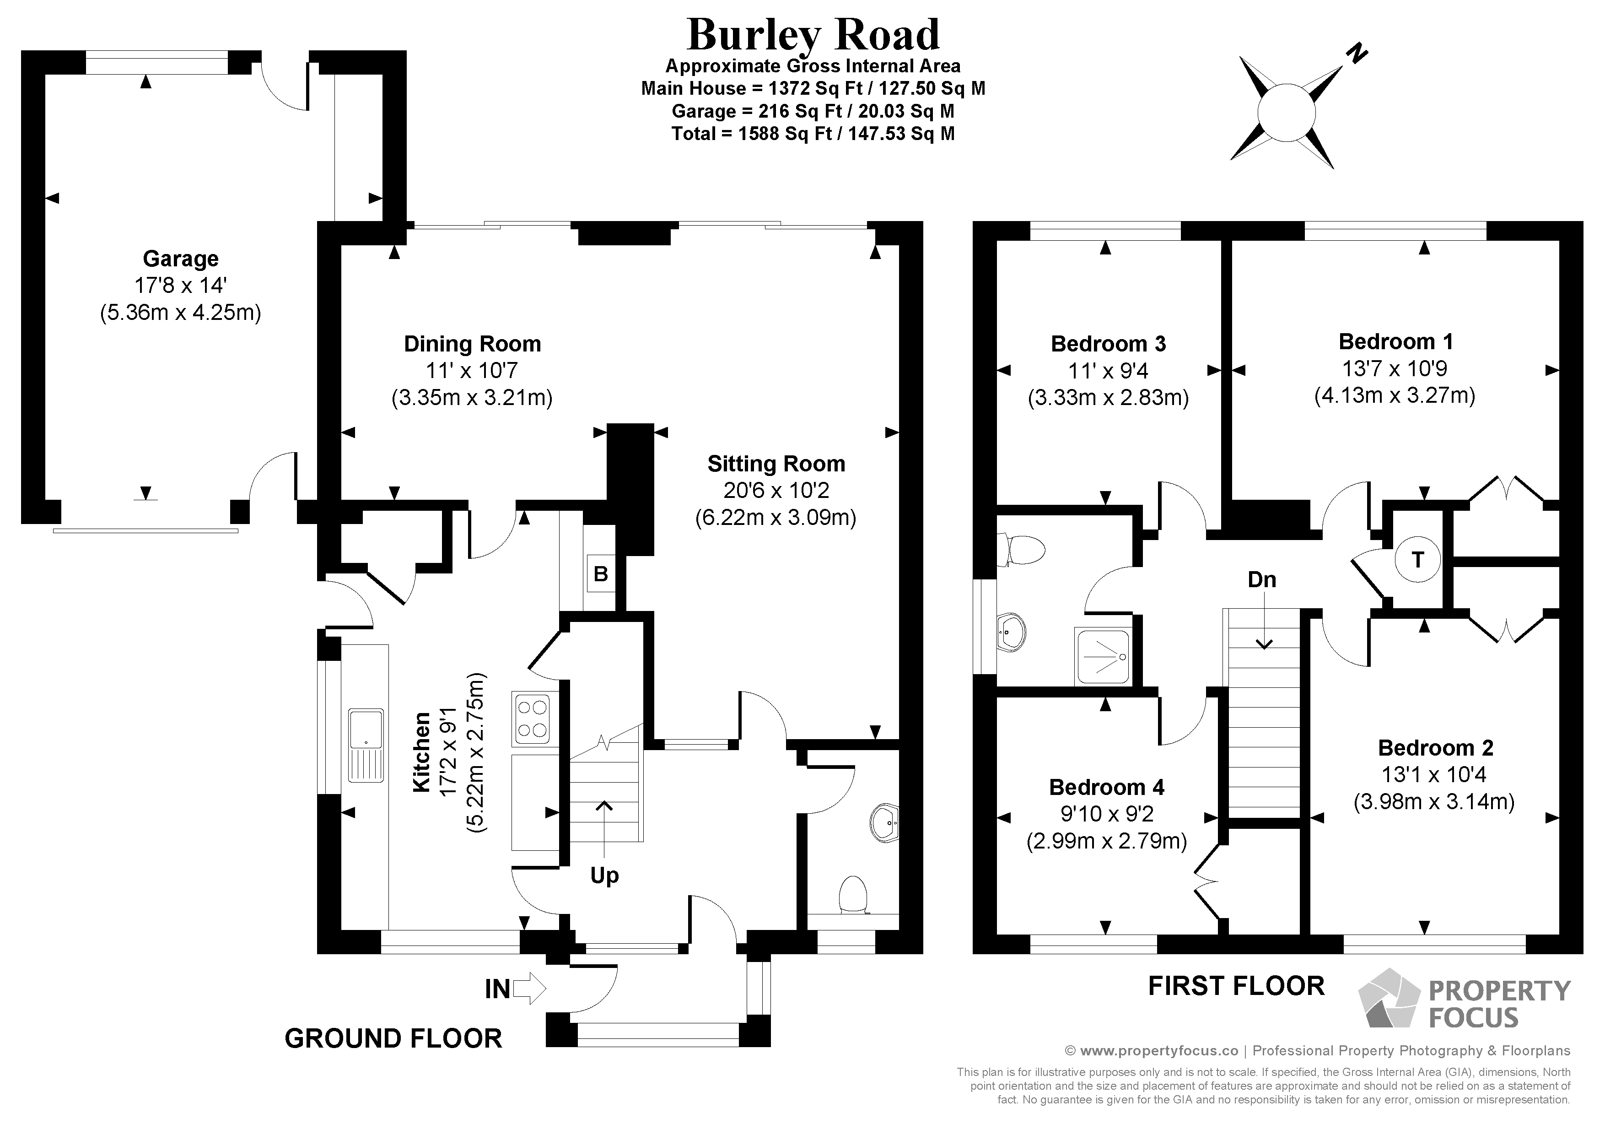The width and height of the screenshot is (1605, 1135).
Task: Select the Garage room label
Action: [180, 259]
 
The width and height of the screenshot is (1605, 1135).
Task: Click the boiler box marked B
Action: [600, 574]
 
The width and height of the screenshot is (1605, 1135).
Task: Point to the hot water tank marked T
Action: [1417, 559]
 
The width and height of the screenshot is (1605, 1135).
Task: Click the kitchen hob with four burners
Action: [531, 718]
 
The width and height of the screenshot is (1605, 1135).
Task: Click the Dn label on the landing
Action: [1262, 580]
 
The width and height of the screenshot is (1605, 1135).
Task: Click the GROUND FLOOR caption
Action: [393, 1038]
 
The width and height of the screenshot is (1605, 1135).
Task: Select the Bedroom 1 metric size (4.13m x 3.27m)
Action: [1395, 395]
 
